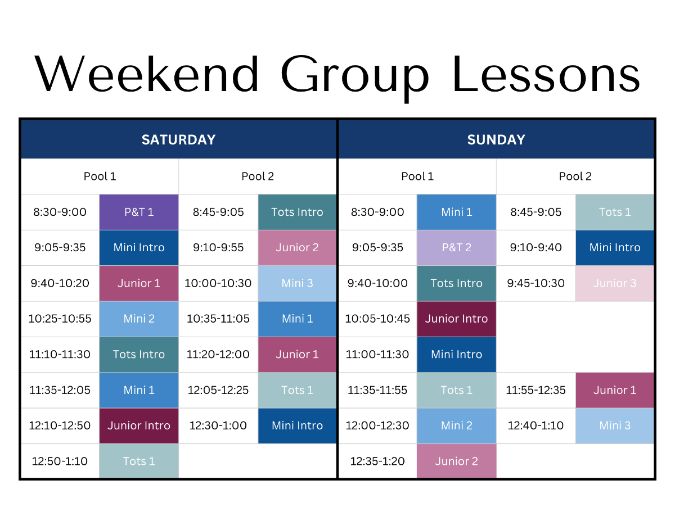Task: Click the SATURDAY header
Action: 178,139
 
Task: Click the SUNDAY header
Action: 496,139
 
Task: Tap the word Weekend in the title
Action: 146,75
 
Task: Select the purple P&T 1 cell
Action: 139,212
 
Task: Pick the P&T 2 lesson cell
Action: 456,248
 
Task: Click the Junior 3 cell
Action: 615,283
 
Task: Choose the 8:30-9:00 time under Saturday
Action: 60,212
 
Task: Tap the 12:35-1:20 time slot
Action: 377,461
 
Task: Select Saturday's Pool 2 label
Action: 258,176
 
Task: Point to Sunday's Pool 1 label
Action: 417,176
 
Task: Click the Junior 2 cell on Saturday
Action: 297,248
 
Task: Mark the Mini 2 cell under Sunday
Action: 456,425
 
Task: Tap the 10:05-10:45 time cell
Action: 377,319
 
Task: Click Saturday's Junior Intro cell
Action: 139,425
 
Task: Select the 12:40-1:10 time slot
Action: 535,425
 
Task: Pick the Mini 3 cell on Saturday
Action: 297,283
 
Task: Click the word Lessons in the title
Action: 546,75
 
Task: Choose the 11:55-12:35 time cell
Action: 535,390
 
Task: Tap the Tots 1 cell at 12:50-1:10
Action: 139,461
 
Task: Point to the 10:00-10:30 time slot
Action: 218,283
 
